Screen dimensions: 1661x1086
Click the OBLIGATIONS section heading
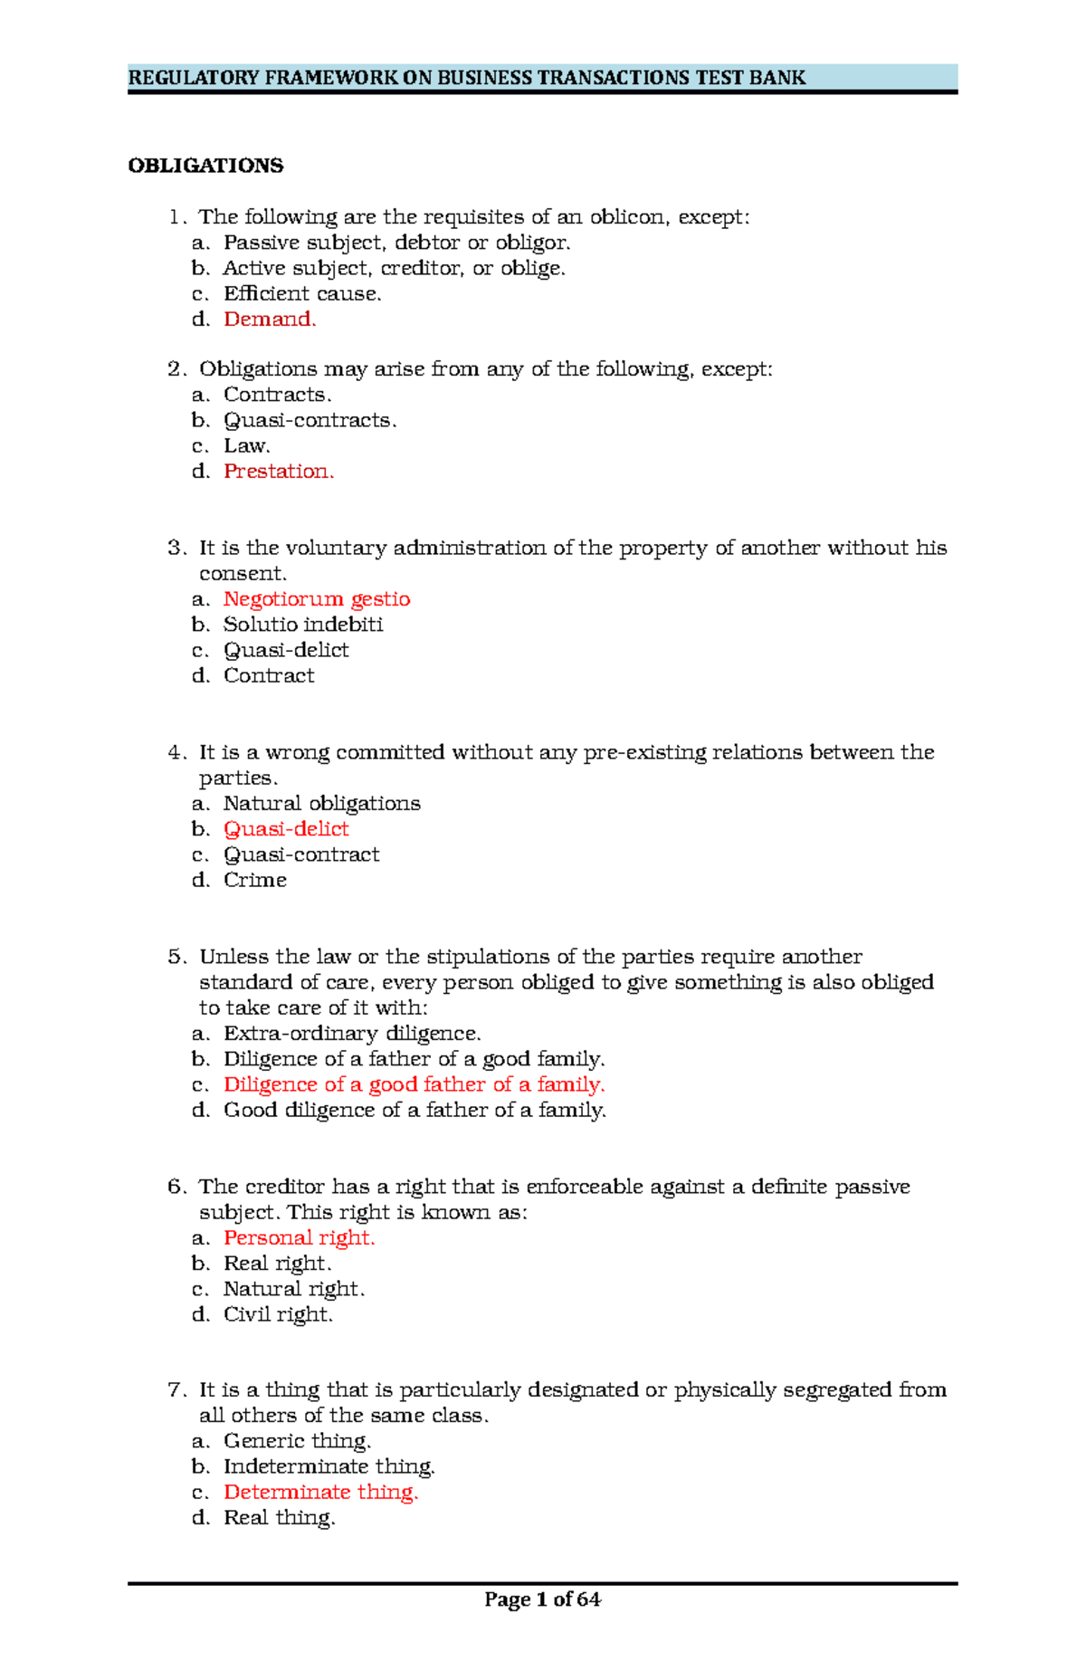205,166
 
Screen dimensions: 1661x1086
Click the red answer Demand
270,319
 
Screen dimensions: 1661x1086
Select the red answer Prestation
279,471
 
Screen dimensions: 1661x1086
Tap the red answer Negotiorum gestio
317,598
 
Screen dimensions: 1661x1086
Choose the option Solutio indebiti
303,624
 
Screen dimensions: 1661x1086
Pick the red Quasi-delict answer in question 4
286,828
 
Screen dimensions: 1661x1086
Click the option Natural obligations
321,803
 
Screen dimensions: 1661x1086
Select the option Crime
255,879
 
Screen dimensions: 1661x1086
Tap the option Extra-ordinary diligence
352,1033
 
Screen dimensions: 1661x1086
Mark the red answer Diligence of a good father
414,1083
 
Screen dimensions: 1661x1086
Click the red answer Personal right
299,1237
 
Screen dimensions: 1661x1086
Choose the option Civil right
278,1313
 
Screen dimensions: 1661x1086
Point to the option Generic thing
297,1440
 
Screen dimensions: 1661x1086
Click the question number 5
176,957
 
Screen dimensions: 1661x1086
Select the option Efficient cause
302,293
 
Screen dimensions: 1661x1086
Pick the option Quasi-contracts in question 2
310,420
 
